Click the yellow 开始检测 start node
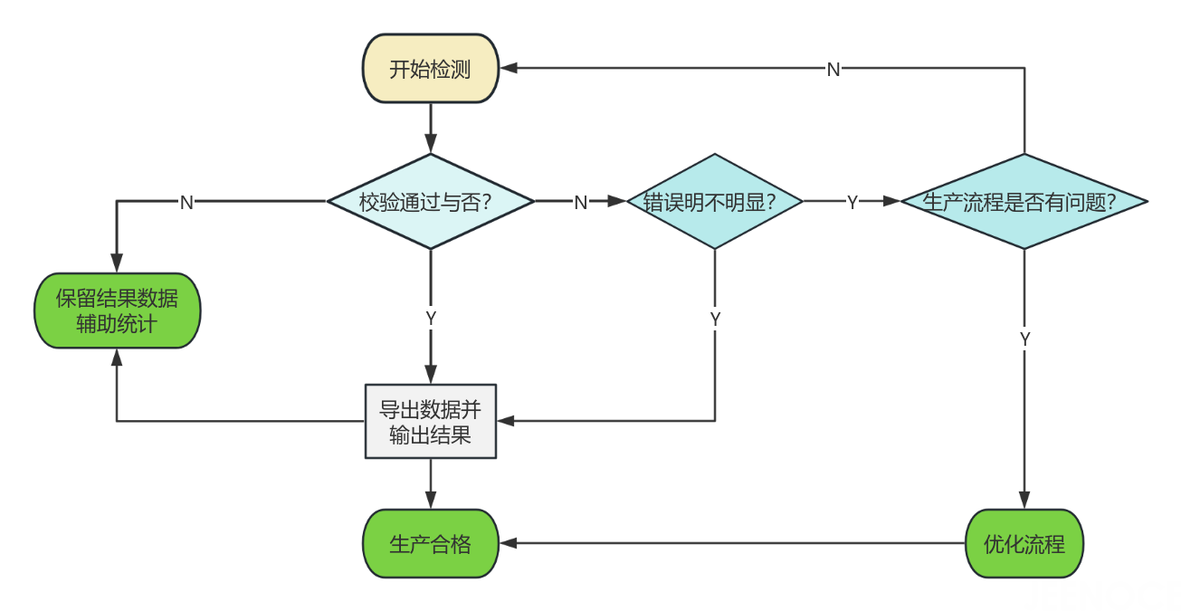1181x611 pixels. point(430,69)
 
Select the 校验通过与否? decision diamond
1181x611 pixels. point(430,202)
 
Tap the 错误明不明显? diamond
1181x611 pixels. point(715,202)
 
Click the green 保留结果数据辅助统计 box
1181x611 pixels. point(118,310)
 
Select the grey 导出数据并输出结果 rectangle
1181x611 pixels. point(430,422)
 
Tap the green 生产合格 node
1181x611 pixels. point(430,544)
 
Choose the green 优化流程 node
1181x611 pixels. point(1024,544)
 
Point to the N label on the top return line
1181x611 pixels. point(833,70)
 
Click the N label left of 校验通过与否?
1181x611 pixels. point(186,202)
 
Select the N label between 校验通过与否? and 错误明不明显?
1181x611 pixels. point(581,202)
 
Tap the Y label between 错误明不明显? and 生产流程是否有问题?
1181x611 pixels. point(852,202)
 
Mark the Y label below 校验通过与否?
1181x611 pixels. point(431,318)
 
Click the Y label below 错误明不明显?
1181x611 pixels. point(715,318)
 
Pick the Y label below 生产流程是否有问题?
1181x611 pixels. point(1024,339)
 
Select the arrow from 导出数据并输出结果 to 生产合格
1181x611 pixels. point(430,484)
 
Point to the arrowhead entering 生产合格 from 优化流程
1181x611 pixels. point(508,544)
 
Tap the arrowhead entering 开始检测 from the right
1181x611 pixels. point(508,68)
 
